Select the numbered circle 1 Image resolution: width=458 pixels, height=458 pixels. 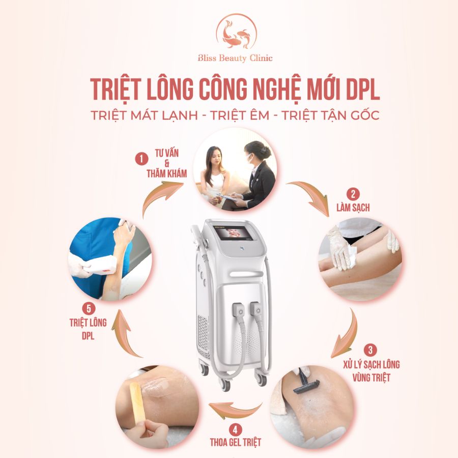pyautogui.click(x=138, y=159)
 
